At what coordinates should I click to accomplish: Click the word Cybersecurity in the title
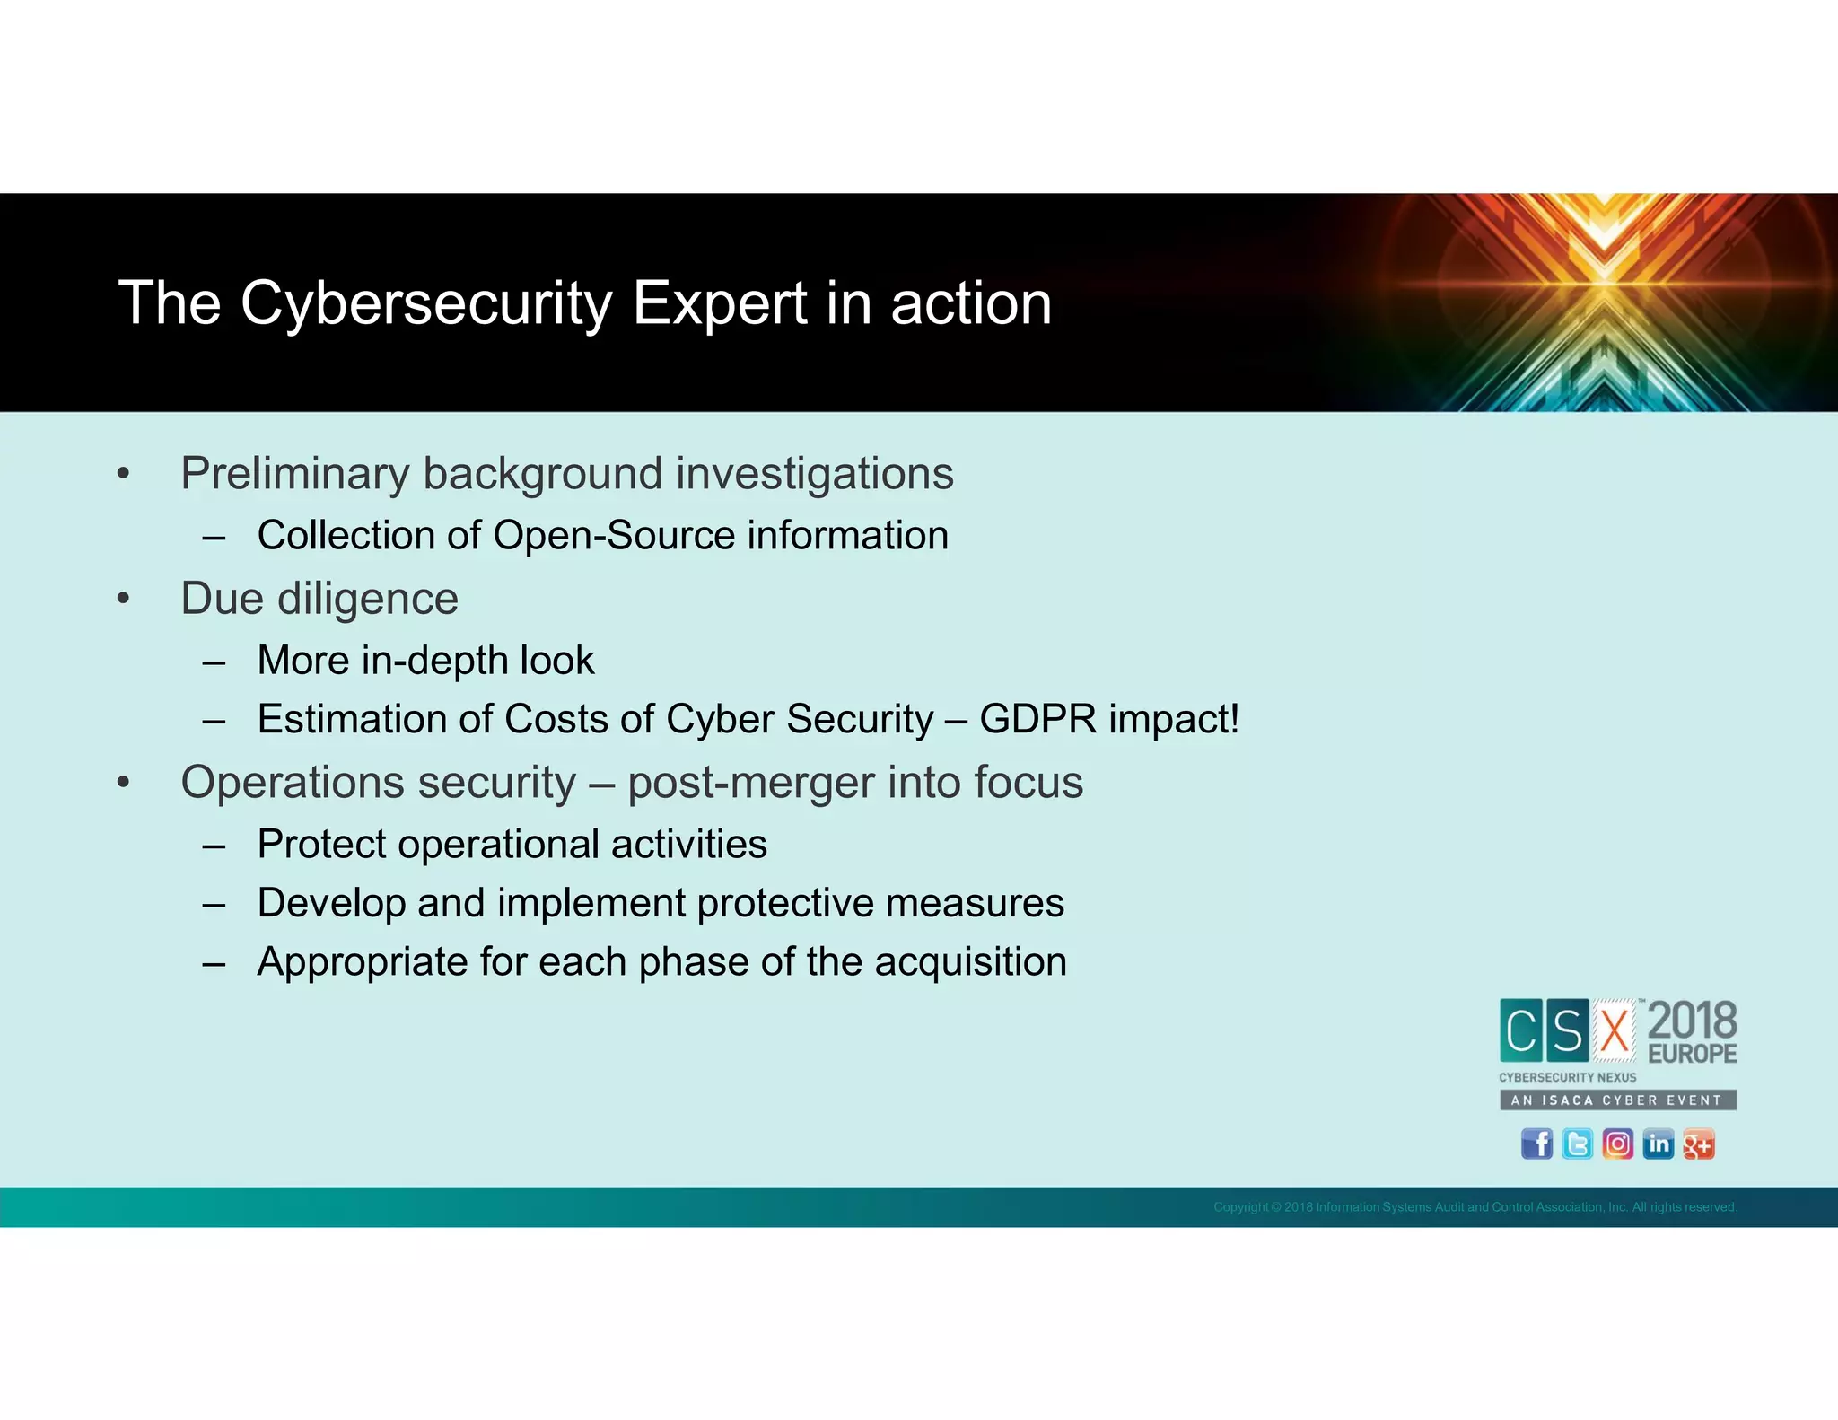pyautogui.click(x=426, y=303)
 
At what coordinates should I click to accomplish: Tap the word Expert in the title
pyautogui.click(x=720, y=303)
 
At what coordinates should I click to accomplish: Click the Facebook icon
pyautogui.click(x=1536, y=1144)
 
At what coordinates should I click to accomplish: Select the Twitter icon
pyautogui.click(x=1577, y=1144)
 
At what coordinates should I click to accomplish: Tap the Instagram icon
pyautogui.click(x=1617, y=1144)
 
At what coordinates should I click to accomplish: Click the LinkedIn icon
pyautogui.click(x=1658, y=1144)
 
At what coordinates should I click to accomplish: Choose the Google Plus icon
pyautogui.click(x=1698, y=1144)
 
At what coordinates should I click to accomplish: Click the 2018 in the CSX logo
pyautogui.click(x=1692, y=1021)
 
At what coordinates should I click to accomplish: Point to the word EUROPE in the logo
pyautogui.click(x=1692, y=1054)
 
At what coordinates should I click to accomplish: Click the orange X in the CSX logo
pyautogui.click(x=1615, y=1030)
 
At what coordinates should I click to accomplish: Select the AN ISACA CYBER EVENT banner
pyautogui.click(x=1617, y=1100)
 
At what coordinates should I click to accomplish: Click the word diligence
pyautogui.click(x=368, y=599)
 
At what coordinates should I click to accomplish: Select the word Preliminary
pyautogui.click(x=294, y=474)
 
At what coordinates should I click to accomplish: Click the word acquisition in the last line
pyautogui.click(x=970, y=962)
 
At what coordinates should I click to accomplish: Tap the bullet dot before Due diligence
pyautogui.click(x=124, y=599)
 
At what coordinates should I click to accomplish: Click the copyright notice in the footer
pyautogui.click(x=1475, y=1207)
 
